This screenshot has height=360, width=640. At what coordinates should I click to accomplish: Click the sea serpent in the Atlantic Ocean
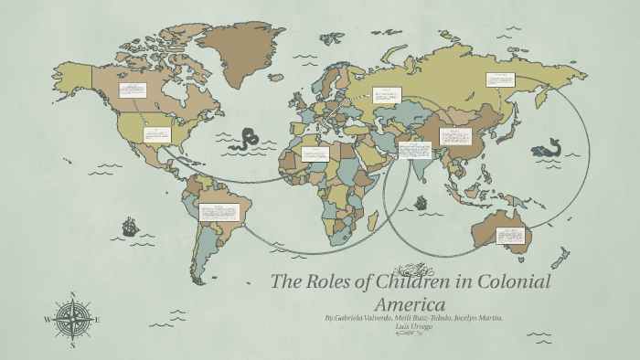244,140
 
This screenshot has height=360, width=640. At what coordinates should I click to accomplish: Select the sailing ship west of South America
130,226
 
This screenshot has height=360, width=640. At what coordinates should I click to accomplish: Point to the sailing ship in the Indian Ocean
421,202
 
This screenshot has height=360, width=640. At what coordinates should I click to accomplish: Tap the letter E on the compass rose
97,320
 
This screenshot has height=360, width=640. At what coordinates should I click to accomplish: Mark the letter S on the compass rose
72,345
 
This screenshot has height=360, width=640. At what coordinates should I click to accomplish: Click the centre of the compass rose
72,320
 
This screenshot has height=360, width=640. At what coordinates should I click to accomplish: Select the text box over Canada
132,90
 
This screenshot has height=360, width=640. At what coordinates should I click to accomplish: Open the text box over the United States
157,134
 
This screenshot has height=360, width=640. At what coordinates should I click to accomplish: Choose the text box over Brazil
219,213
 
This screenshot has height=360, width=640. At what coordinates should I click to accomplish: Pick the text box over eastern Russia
500,79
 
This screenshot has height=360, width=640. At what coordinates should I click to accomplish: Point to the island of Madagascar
373,218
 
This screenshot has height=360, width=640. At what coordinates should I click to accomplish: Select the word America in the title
410,303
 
